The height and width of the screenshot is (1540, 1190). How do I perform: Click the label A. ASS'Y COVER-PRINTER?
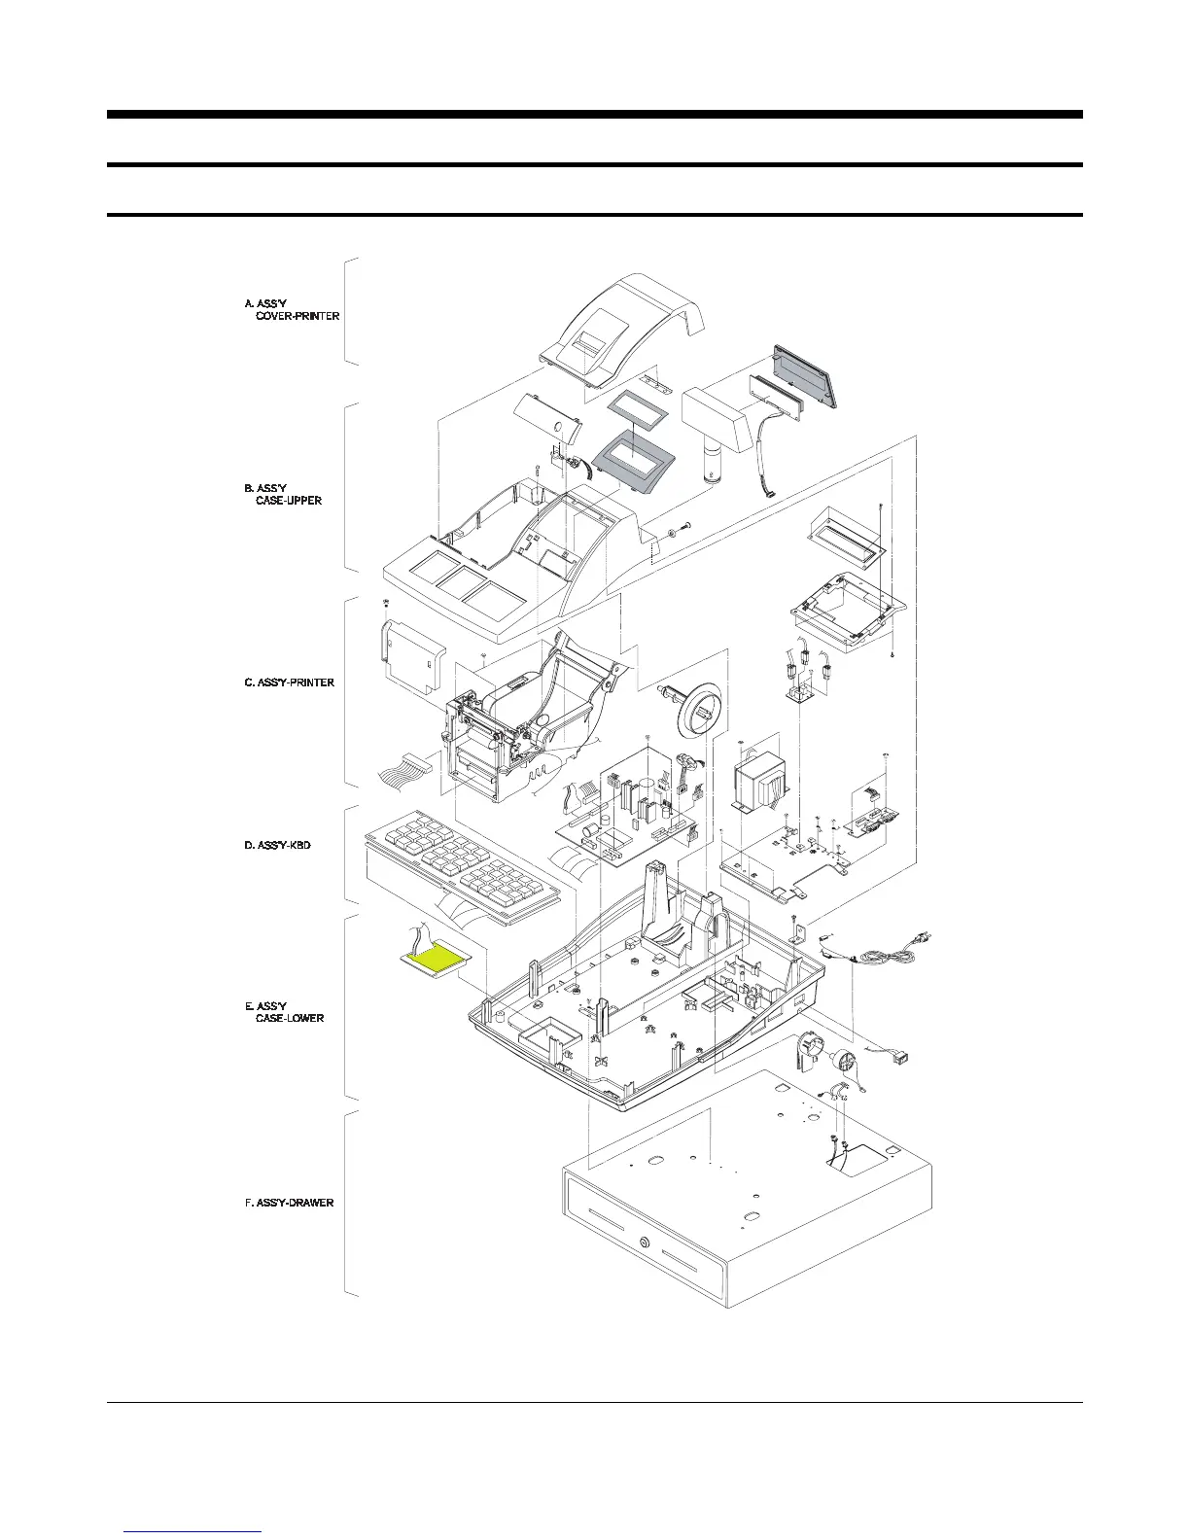(x=292, y=310)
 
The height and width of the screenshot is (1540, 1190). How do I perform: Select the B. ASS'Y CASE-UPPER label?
(x=282, y=494)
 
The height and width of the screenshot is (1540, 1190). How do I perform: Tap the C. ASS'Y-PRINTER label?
(x=289, y=682)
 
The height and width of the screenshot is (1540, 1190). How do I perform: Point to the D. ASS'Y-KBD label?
(x=277, y=846)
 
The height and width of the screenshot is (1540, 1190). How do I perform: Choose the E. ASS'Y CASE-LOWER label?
(x=284, y=1012)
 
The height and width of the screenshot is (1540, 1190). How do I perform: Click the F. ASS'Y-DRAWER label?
(x=289, y=1203)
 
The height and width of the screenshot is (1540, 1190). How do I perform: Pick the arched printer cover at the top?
(x=622, y=326)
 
